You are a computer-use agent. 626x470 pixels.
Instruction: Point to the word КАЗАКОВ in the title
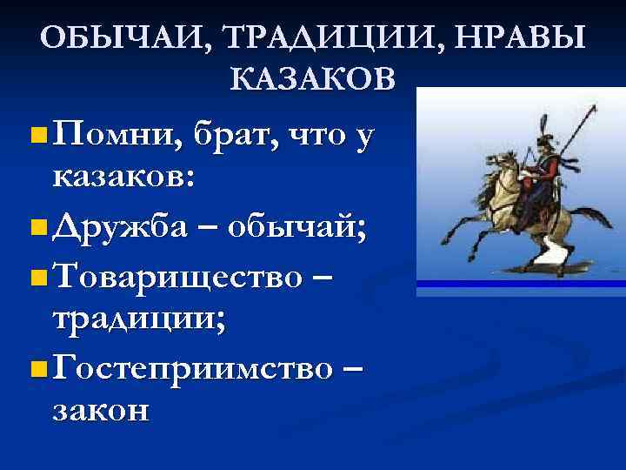(x=313, y=79)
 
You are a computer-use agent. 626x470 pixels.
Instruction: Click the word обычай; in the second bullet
(x=296, y=228)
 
